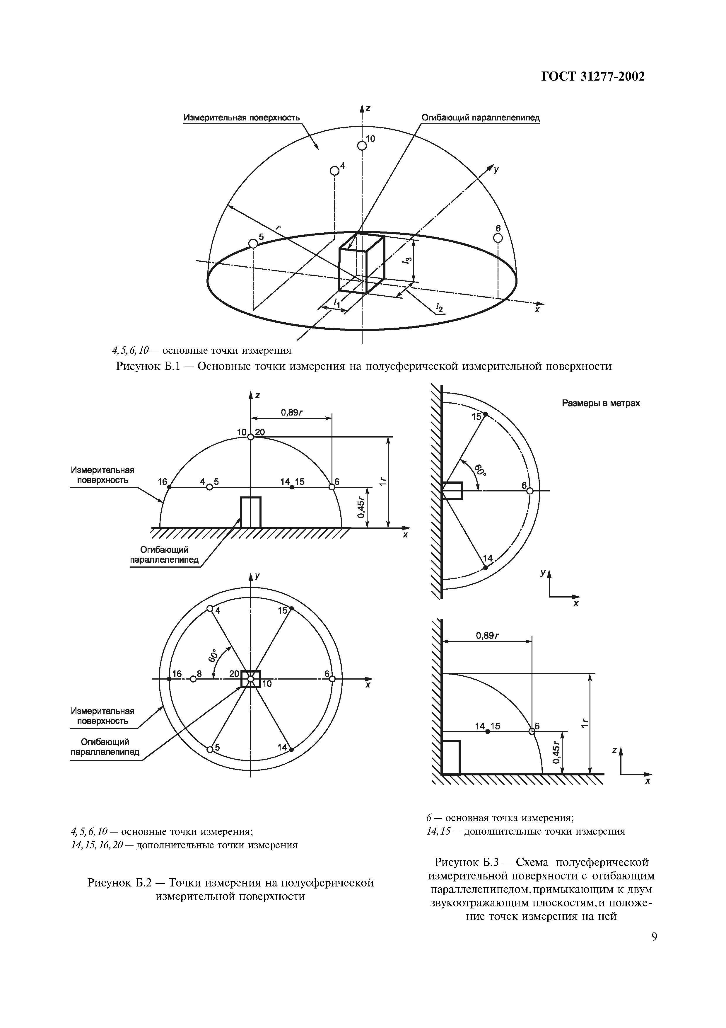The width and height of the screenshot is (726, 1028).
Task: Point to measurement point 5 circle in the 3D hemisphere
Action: click(253, 244)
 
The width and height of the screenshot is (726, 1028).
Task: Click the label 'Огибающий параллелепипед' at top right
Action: click(480, 118)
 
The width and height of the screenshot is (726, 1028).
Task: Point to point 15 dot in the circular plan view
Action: click(292, 608)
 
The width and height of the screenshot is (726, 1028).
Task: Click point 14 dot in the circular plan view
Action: click(292, 750)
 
